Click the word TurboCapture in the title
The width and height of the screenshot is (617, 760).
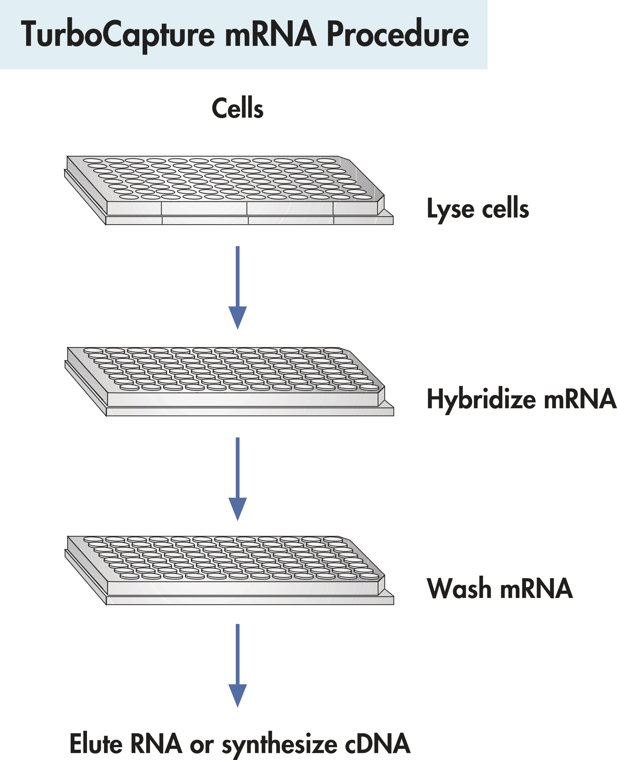point(117,35)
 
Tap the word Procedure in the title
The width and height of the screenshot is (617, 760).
point(398,35)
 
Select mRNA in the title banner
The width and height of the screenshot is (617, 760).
point(270,35)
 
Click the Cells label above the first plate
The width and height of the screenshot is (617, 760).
point(238,108)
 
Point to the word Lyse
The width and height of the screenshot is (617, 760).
point(450,209)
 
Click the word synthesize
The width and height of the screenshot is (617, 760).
point(279,744)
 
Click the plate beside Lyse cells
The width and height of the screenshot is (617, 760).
point(227,190)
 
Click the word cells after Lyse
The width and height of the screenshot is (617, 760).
point(505,209)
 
